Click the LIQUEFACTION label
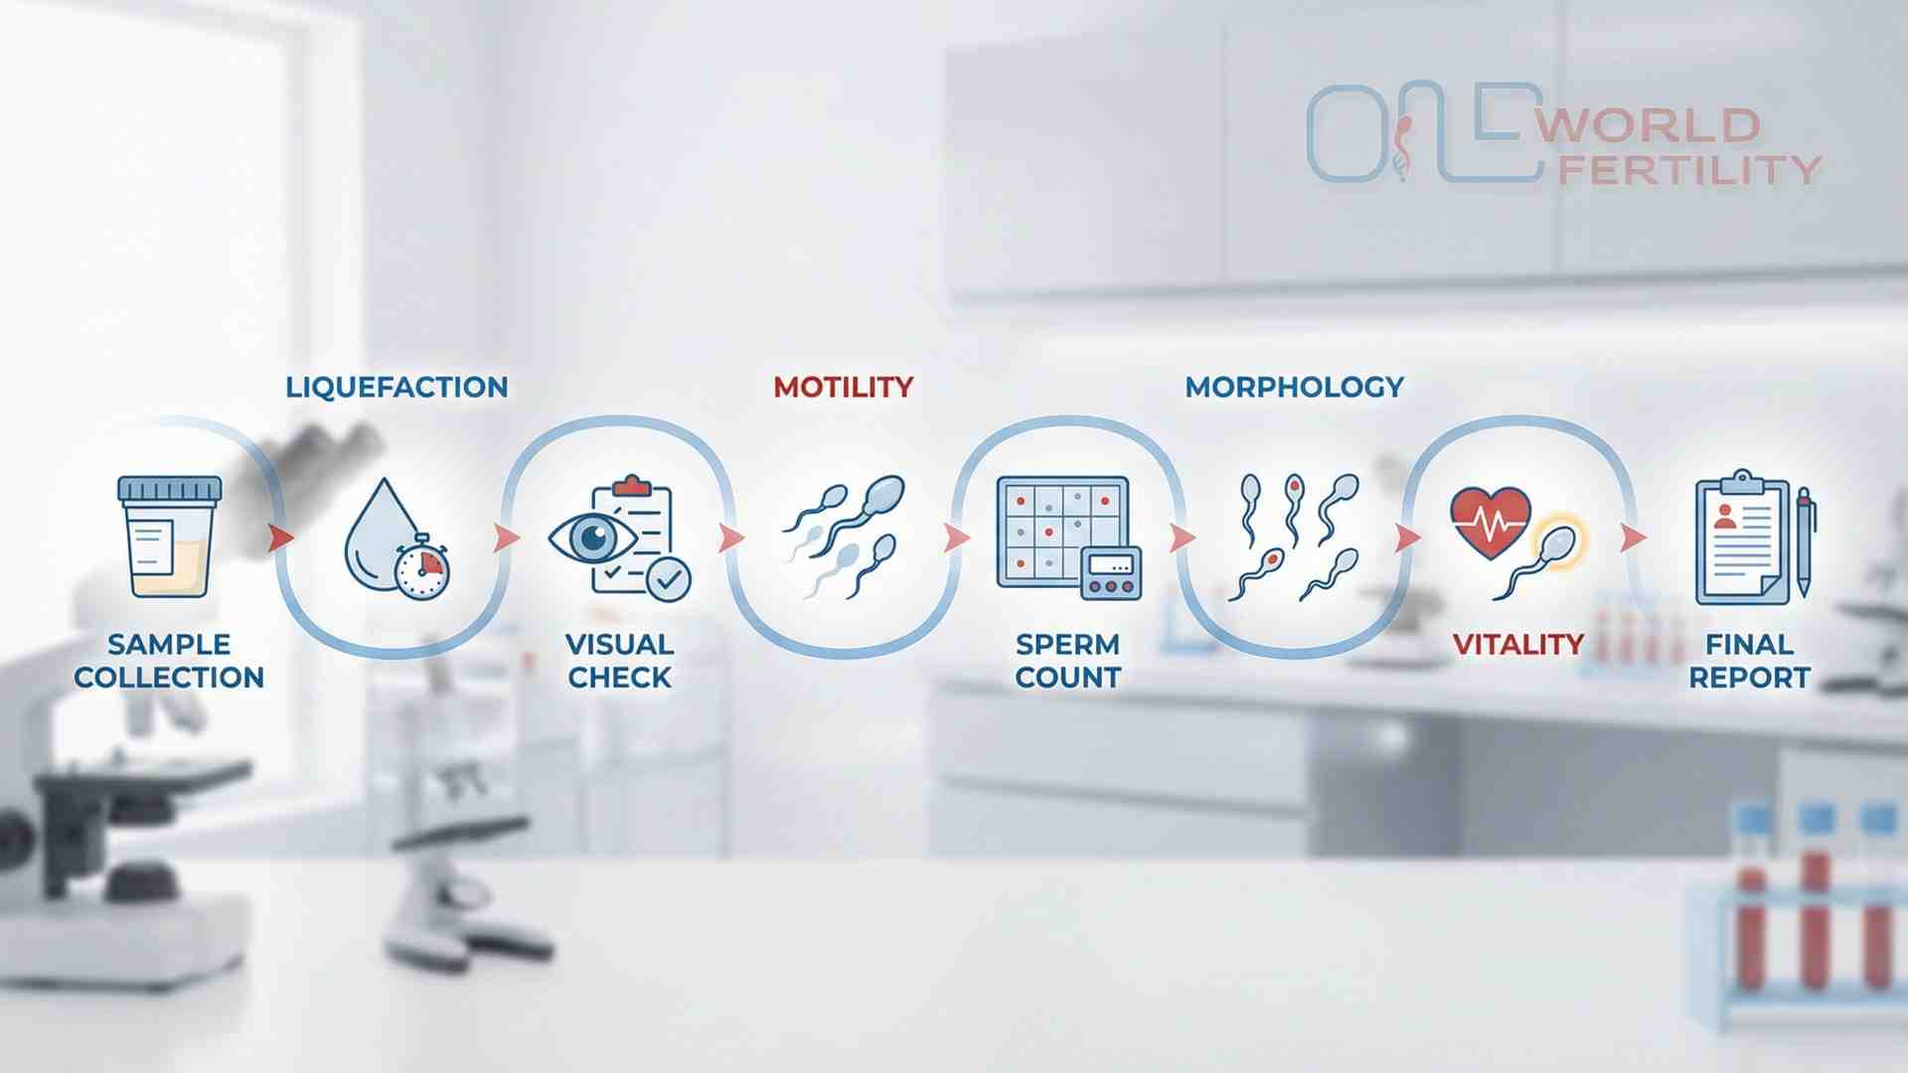click(397, 386)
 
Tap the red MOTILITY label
click(843, 386)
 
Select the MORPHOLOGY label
click(1294, 386)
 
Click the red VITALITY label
click(1517, 644)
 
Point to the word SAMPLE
click(169, 644)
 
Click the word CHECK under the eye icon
click(619, 678)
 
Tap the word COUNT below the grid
click(1067, 678)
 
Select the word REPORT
click(1749, 678)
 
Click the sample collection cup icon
click(169, 536)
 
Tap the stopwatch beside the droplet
click(421, 567)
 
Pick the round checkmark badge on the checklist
click(668, 577)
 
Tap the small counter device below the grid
click(1111, 573)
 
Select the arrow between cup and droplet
click(281, 537)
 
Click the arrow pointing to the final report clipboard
click(1633, 537)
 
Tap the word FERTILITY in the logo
click(1688, 170)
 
